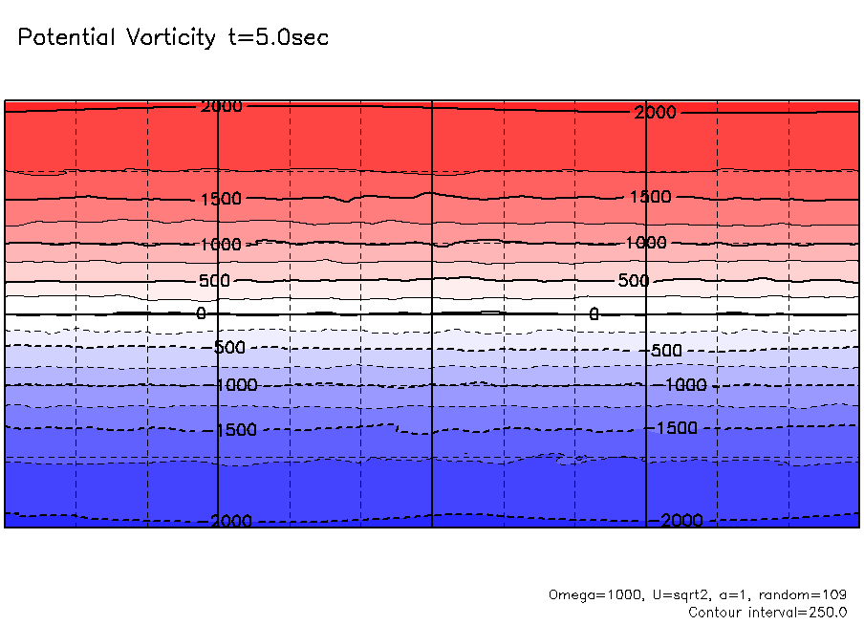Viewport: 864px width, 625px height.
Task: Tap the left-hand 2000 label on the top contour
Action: coord(221,106)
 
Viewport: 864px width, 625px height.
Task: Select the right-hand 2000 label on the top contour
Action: coord(655,113)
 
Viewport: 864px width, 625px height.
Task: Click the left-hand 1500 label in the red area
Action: coord(221,199)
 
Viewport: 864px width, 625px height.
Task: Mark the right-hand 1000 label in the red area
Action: coord(646,243)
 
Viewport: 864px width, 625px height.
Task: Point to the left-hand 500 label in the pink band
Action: coord(215,281)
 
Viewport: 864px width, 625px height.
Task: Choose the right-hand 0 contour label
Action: coord(594,313)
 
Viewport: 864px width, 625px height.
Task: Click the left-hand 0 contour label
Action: coord(201,313)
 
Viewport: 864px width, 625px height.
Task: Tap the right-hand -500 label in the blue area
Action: coord(663,351)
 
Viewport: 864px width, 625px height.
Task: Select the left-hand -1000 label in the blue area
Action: coord(234,385)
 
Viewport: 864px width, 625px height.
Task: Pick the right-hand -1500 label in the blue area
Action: coord(676,428)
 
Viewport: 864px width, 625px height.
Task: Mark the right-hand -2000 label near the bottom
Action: coord(679,520)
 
